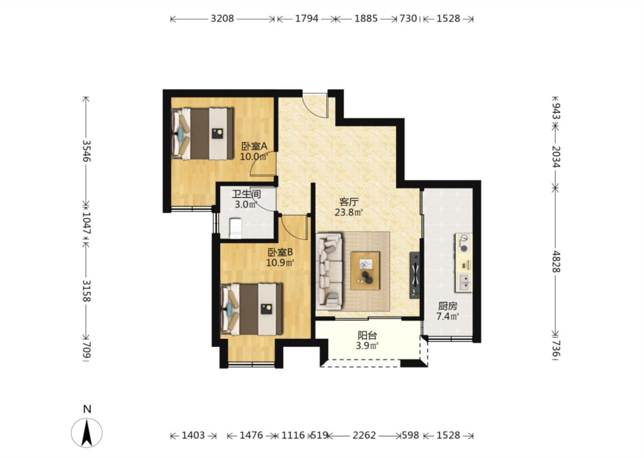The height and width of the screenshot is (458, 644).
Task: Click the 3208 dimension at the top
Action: point(222,19)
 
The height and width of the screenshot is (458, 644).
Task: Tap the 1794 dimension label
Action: point(307,19)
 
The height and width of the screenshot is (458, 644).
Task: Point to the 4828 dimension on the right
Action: point(556,262)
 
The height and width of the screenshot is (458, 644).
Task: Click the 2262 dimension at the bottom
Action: point(364,436)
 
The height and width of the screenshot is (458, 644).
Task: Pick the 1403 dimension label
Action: point(193,436)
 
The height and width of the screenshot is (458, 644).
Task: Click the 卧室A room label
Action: point(254,146)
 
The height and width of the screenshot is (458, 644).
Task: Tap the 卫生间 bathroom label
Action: point(246,194)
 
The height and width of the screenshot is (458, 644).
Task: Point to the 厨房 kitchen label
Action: point(447,306)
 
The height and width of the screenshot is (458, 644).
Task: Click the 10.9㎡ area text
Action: point(280,263)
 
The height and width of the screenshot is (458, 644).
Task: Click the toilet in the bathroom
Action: point(236,228)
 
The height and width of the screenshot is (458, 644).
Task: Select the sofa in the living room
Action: point(329,271)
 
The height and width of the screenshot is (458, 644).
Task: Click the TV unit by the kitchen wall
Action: point(415,276)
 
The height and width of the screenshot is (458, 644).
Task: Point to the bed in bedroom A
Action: point(203,133)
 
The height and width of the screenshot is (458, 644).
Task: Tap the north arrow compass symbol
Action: point(87,433)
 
